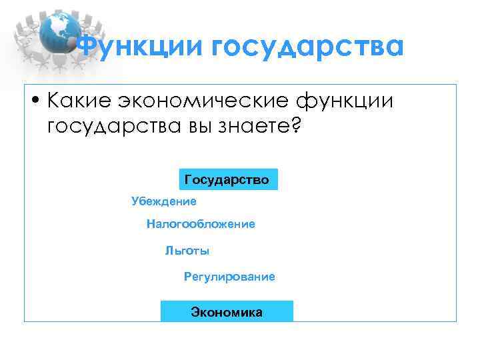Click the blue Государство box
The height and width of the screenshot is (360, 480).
tap(227, 180)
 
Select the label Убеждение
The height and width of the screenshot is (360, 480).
tap(164, 201)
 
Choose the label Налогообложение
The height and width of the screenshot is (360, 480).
tap(201, 225)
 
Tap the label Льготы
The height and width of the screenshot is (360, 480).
tap(187, 251)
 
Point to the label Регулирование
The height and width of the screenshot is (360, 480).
tap(229, 277)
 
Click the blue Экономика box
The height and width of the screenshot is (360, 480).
tap(227, 312)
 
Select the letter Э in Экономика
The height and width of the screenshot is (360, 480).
tap(195, 312)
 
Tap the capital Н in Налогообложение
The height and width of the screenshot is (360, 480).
tap(151, 225)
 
